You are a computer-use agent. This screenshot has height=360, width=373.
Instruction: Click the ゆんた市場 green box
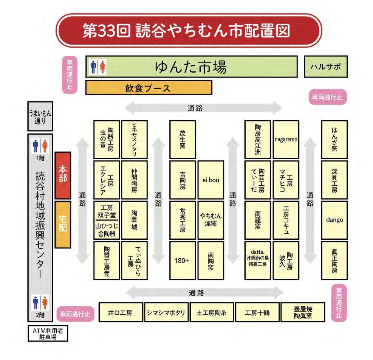pyautogui.click(x=191, y=67)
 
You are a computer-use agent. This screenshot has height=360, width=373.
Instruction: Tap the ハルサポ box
pyautogui.click(x=325, y=67)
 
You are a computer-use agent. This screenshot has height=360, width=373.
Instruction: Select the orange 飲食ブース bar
pyautogui.click(x=149, y=88)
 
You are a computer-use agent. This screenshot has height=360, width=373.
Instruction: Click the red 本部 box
pyautogui.click(x=63, y=175)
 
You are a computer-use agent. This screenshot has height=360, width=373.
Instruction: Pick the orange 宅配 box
pyautogui.click(x=63, y=224)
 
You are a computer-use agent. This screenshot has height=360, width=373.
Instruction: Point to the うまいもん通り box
pyautogui.click(x=40, y=116)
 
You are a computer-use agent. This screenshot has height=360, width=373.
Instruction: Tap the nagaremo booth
pyautogui.click(x=286, y=139)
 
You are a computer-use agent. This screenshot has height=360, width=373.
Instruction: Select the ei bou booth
pyautogui.click(x=210, y=180)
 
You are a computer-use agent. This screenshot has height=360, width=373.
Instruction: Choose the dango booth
pyautogui.click(x=334, y=220)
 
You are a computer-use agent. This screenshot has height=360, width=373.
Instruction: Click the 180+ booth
pyautogui.click(x=182, y=261)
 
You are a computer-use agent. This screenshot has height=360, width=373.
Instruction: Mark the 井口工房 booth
pyautogui.click(x=120, y=313)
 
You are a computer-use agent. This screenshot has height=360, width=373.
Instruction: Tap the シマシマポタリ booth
pyautogui.click(x=166, y=313)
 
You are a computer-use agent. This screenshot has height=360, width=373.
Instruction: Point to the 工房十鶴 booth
pyautogui.click(x=257, y=313)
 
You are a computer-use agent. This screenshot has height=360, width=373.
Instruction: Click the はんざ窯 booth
pyautogui.click(x=334, y=139)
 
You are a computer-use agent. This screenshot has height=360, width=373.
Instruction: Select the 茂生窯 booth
pyautogui.click(x=183, y=139)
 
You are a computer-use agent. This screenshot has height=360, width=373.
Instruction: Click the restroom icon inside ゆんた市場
pyautogui.click(x=98, y=67)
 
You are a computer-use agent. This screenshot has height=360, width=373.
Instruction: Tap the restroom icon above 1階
pyautogui.click(x=40, y=146)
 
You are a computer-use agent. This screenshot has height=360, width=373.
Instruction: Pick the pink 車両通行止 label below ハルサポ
pyautogui.click(x=328, y=97)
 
